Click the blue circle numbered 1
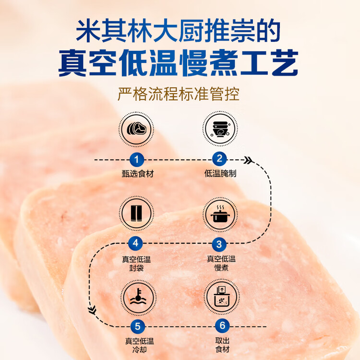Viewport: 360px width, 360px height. [x=137, y=159]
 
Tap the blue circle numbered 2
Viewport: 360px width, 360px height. [x=220, y=159]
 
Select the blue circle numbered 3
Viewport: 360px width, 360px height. [x=220, y=244]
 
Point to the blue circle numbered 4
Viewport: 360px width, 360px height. [x=137, y=244]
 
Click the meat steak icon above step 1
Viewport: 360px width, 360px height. [x=137, y=129]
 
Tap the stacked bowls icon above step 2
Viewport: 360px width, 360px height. [x=220, y=129]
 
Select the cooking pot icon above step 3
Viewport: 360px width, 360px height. [x=220, y=214]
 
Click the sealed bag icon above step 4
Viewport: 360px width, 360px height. [x=137, y=214]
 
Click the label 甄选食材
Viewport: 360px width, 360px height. [x=137, y=174]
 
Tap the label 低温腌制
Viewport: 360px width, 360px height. [x=220, y=174]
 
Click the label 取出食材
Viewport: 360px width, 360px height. [x=221, y=346]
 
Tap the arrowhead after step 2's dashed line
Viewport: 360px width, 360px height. [x=248, y=159]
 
